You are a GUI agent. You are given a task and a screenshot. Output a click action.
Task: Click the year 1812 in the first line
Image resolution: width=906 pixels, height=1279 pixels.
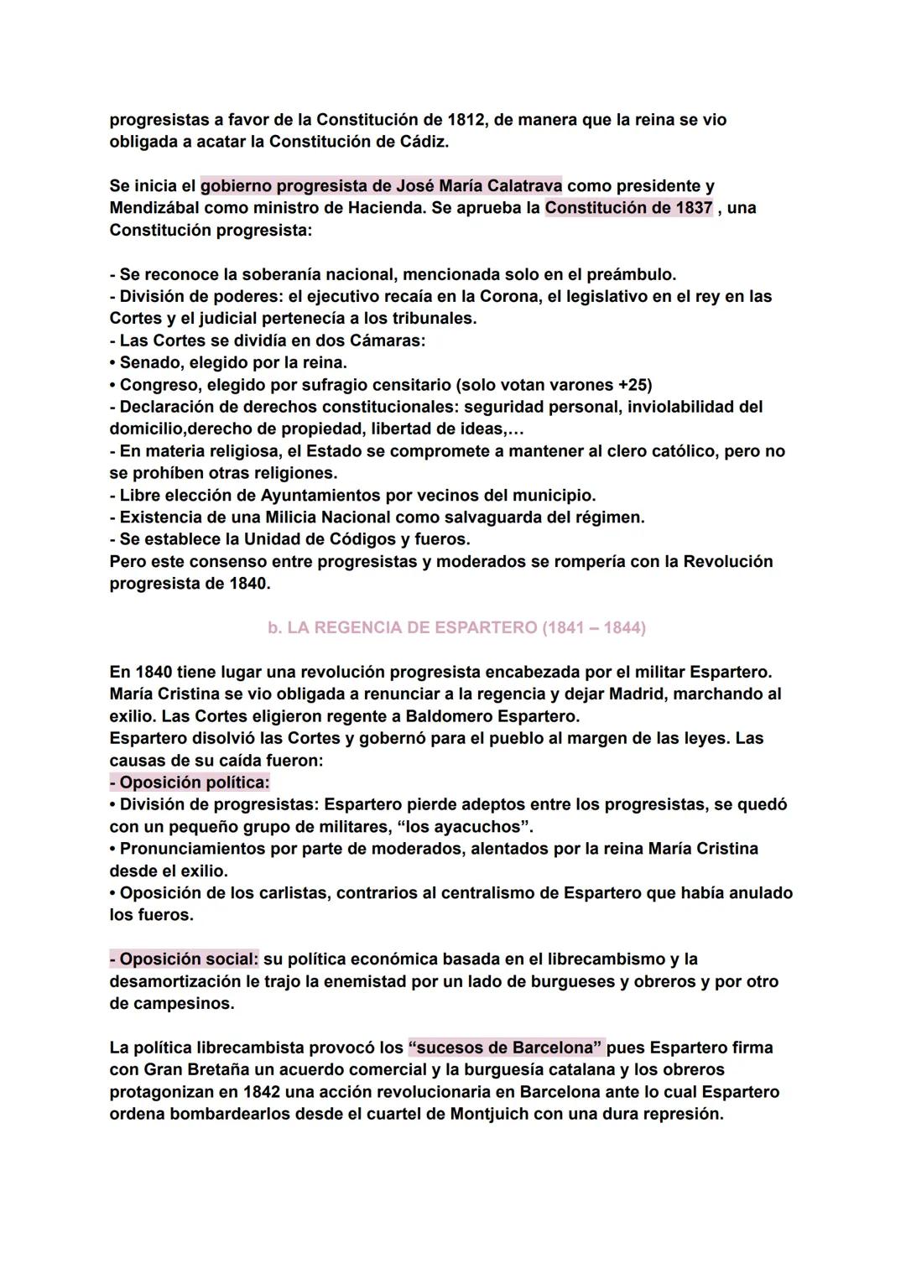pyautogui.click(x=466, y=120)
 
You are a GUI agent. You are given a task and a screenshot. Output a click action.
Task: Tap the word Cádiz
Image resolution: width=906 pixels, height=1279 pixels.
pyautogui.click(x=422, y=142)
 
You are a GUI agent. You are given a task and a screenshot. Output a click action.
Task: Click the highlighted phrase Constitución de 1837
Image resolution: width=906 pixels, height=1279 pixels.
pyautogui.click(x=628, y=207)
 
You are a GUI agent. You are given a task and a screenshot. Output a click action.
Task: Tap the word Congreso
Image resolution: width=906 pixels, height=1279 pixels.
pyautogui.click(x=159, y=384)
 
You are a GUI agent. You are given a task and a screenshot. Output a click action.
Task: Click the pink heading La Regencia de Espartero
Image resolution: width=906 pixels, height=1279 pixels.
pyautogui.click(x=456, y=627)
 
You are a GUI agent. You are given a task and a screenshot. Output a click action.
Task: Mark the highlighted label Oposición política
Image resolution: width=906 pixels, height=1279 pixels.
pyautogui.click(x=190, y=782)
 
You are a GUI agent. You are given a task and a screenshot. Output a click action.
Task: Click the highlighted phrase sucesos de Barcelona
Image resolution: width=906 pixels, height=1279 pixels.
pyautogui.click(x=505, y=1048)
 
